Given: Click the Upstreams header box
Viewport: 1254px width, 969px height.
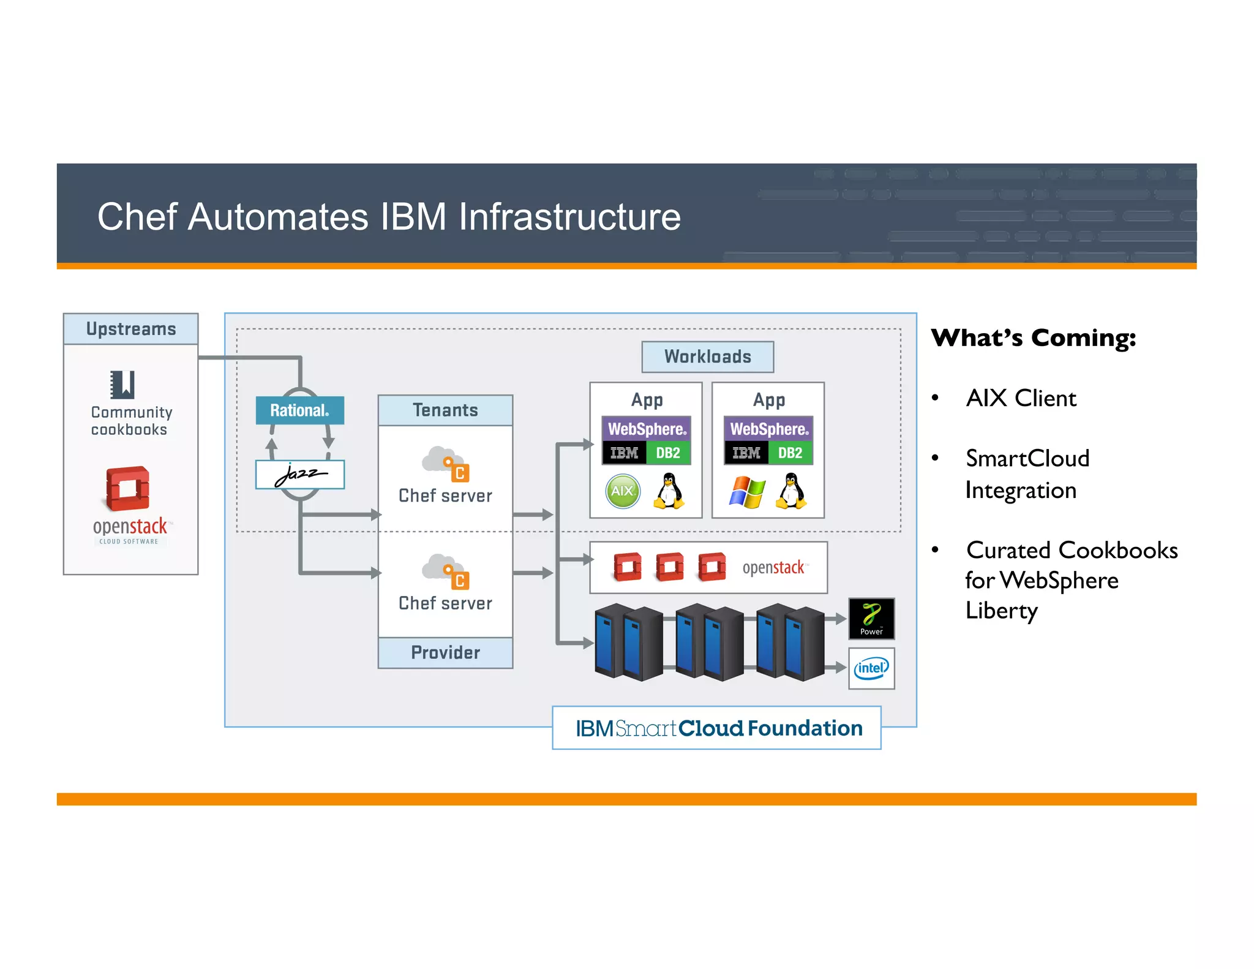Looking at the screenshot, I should pyautogui.click(x=130, y=329).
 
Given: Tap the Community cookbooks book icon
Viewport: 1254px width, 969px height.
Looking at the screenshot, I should pyautogui.click(x=122, y=385).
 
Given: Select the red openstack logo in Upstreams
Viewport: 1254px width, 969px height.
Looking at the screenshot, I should pyautogui.click(x=128, y=488).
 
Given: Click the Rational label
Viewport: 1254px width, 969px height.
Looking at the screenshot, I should pyautogui.click(x=299, y=410).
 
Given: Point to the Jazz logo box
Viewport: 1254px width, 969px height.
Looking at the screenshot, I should pyautogui.click(x=300, y=474).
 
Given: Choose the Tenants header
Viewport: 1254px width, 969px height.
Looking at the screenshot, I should pyautogui.click(x=445, y=410).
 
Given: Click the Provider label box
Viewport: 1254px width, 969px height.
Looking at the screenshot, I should pyautogui.click(x=445, y=652).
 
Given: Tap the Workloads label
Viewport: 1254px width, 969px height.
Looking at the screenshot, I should pyautogui.click(x=707, y=356).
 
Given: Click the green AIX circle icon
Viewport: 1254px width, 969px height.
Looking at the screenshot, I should pyautogui.click(x=623, y=491).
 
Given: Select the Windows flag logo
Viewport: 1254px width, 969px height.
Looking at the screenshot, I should pyautogui.click(x=747, y=492).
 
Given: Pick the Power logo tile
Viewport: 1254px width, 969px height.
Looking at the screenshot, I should pyautogui.click(x=871, y=619).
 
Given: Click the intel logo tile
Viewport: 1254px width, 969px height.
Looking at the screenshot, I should pyautogui.click(x=871, y=668).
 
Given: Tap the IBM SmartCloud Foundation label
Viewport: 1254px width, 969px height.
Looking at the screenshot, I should pyautogui.click(x=716, y=728).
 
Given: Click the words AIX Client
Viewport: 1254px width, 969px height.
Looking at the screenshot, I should pyautogui.click(x=1021, y=398).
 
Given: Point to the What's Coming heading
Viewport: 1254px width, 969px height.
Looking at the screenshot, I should pyautogui.click(x=1033, y=338).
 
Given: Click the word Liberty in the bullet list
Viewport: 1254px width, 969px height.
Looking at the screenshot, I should pyautogui.click(x=1002, y=611).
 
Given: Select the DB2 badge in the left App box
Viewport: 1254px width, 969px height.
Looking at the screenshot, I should pyautogui.click(x=668, y=453).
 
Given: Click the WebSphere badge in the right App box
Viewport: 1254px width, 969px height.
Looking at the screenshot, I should pyautogui.click(x=768, y=429).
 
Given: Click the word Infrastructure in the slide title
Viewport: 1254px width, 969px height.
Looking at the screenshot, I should pyautogui.click(x=569, y=217).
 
